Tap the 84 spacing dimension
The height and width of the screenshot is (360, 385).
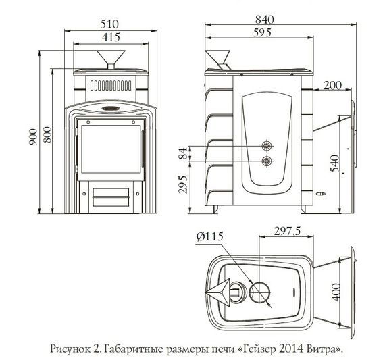182,153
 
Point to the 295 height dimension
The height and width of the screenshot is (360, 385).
182,185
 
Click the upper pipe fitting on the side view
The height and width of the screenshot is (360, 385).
268,146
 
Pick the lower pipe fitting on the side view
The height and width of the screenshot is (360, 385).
268,161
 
